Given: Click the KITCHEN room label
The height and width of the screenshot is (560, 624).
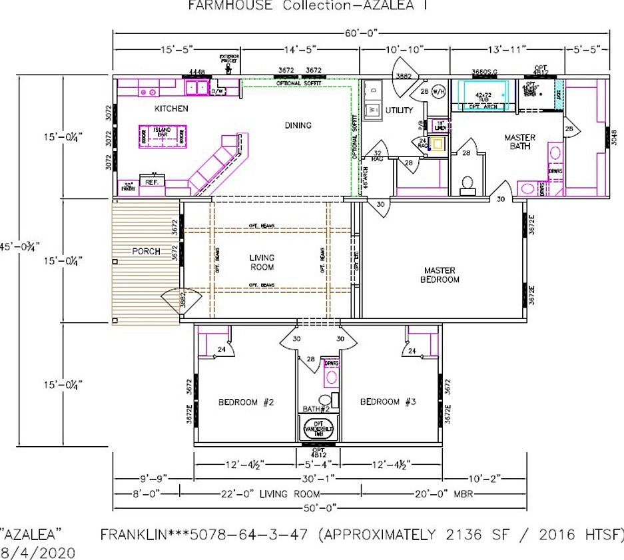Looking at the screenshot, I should (x=171, y=109).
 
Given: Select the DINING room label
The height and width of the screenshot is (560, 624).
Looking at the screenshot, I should (x=298, y=125).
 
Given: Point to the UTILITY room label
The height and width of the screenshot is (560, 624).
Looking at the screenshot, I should (x=399, y=111).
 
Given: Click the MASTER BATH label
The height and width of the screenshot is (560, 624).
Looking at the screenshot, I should (x=519, y=142).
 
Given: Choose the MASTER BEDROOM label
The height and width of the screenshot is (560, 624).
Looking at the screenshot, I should (x=440, y=275).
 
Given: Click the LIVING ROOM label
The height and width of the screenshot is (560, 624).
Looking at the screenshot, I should (x=262, y=262).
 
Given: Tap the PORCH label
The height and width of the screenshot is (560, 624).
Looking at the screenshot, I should (x=146, y=252).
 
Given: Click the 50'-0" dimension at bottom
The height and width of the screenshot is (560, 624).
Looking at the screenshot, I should (x=319, y=508).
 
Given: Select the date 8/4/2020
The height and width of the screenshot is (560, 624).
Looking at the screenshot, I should (x=38, y=551).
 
